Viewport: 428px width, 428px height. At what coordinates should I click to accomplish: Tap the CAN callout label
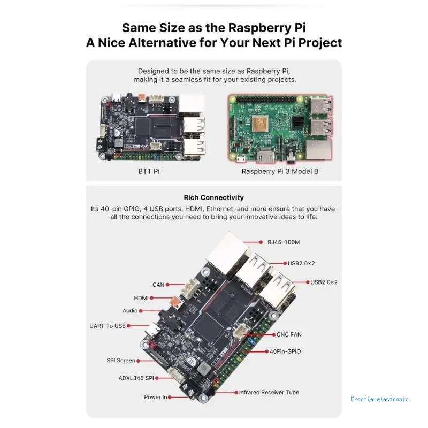[x=158, y=285]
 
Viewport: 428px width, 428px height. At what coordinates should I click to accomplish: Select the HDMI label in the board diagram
[x=141, y=298]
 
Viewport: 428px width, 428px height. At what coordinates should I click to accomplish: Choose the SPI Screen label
[x=121, y=361]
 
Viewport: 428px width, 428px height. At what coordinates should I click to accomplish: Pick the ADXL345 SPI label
[x=136, y=378]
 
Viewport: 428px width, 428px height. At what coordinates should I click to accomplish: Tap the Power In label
[x=156, y=397]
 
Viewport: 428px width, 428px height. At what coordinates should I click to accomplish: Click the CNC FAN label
[x=289, y=335]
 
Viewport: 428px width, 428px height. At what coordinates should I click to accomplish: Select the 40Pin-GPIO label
[x=285, y=351]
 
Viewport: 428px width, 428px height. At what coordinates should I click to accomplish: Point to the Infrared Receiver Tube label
[x=269, y=392]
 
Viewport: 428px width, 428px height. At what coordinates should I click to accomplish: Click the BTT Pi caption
[x=149, y=171]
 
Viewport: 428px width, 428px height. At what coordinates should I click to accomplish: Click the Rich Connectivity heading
[x=213, y=197]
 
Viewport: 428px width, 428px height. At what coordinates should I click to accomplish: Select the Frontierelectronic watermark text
[x=380, y=399]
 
